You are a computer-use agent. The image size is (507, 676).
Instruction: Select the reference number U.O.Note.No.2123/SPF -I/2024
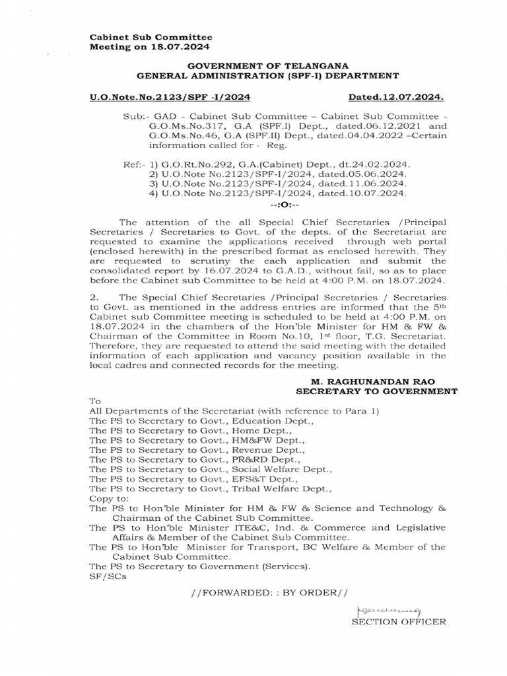click(170, 98)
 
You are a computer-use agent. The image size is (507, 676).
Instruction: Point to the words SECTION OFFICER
click(399, 622)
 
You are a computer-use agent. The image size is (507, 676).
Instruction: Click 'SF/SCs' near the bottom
click(104, 576)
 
